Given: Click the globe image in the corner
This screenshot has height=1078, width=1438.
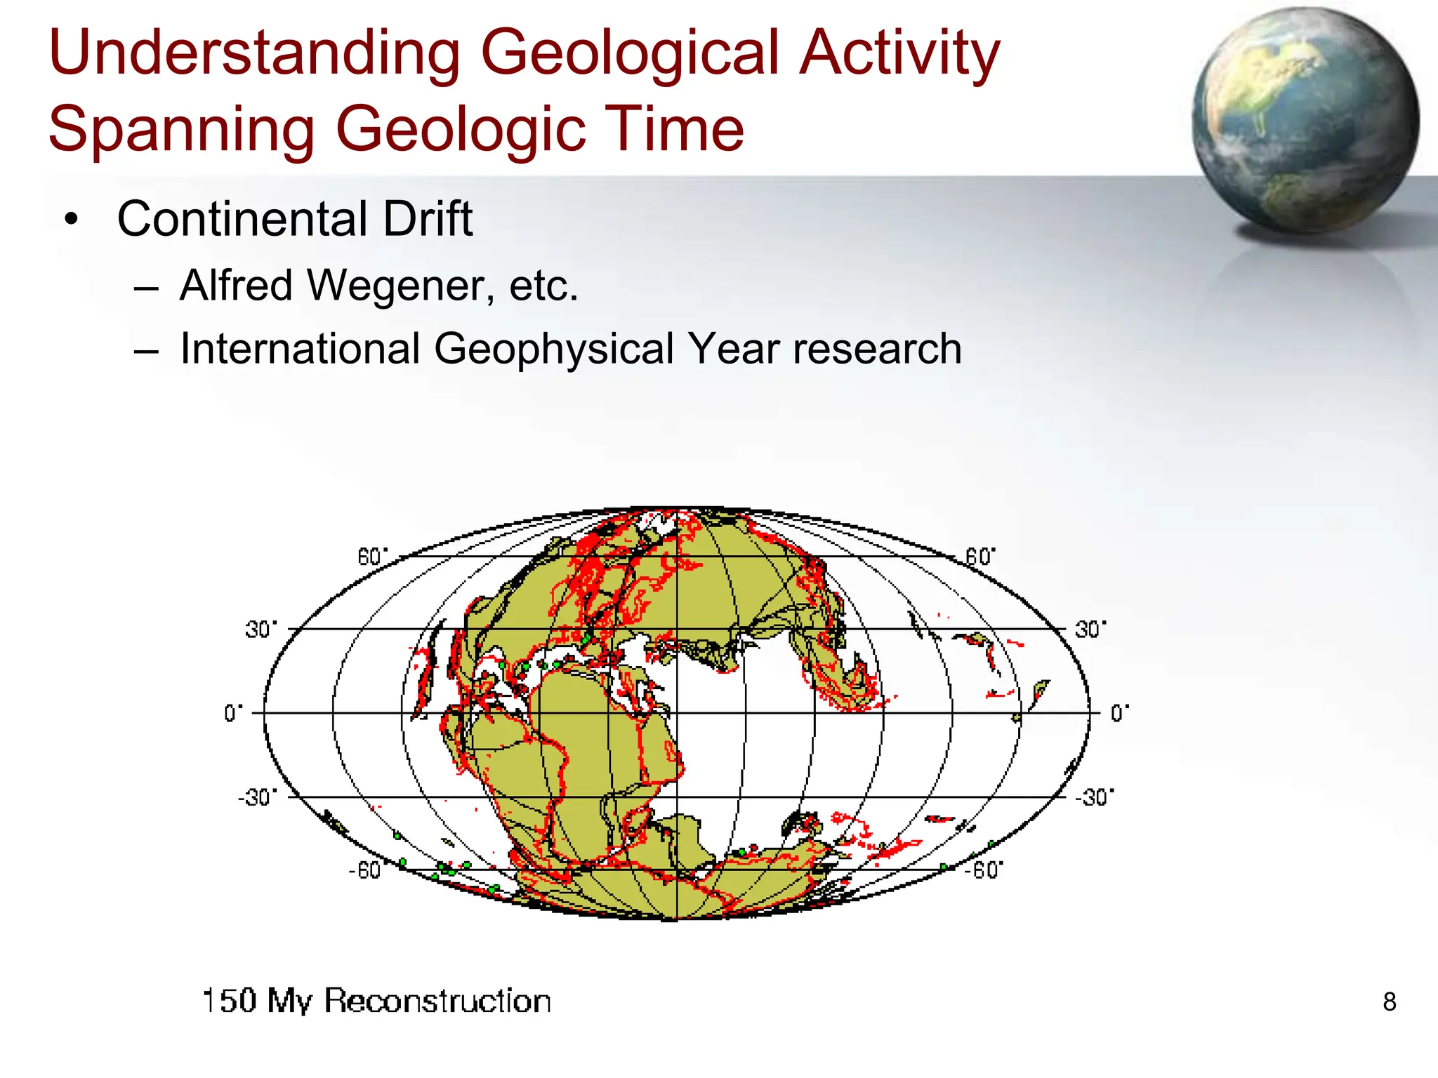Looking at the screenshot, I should [1305, 121].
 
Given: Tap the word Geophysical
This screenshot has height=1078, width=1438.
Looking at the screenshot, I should [553, 350].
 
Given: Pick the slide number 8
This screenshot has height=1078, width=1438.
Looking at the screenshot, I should [1389, 1002].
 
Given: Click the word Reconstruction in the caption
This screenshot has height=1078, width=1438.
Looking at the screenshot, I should [437, 1001].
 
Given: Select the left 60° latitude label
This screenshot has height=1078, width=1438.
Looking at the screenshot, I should [371, 557].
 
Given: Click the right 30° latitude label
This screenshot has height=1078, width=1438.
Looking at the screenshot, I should [1090, 630].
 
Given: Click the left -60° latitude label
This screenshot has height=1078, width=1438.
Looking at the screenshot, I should [364, 871].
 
